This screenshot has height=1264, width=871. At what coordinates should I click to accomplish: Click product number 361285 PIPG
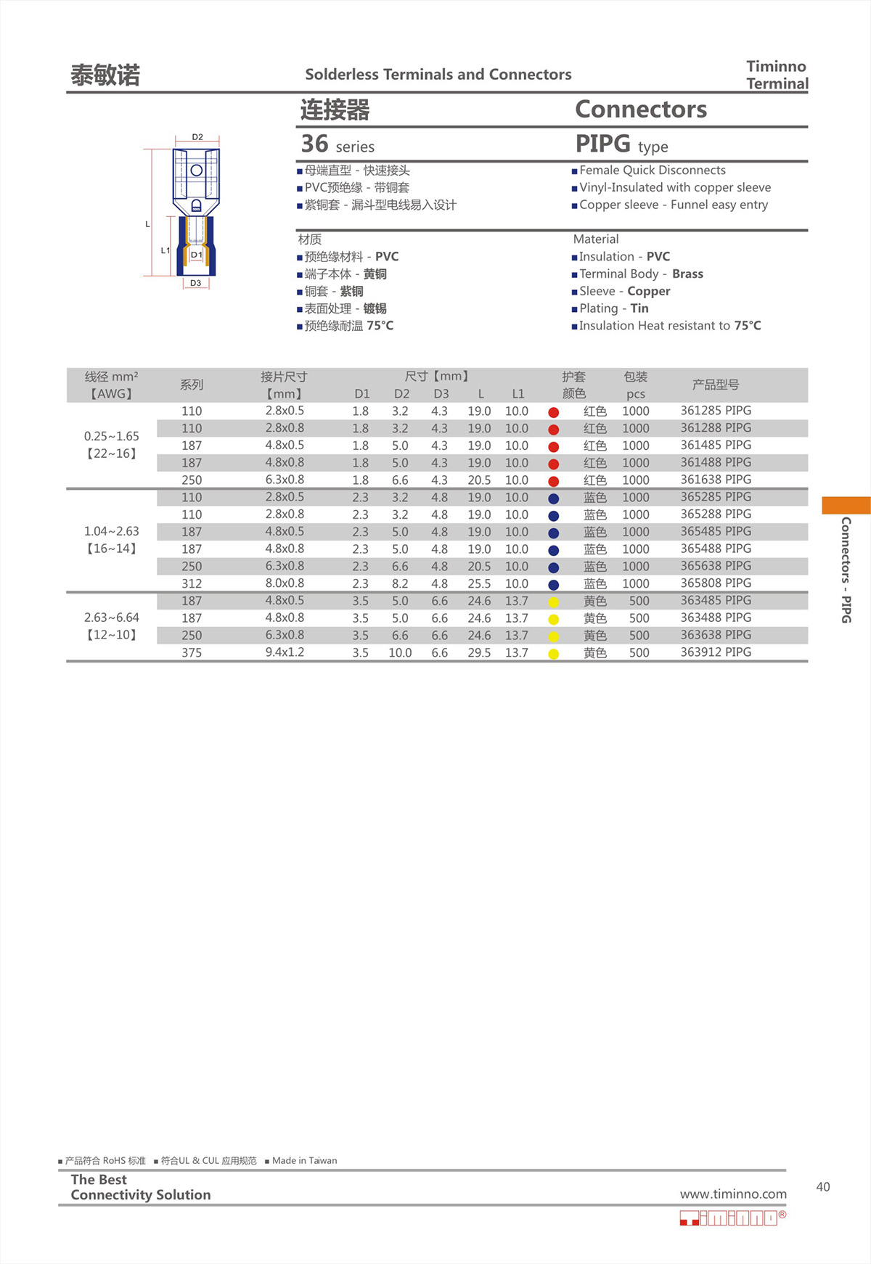(715, 411)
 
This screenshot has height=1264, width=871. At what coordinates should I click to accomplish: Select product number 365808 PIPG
(715, 583)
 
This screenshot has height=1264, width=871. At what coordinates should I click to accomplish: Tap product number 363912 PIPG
(715, 652)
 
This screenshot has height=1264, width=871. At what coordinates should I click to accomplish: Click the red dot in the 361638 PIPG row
(553, 481)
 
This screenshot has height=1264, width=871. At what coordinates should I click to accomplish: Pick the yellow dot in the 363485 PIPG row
(553, 602)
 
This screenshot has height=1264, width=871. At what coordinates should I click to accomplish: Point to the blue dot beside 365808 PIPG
(553, 585)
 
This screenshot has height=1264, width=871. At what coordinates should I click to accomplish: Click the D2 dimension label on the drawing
(197, 137)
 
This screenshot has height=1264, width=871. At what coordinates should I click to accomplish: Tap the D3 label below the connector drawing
(195, 283)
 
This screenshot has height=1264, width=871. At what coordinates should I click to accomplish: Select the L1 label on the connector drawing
(165, 250)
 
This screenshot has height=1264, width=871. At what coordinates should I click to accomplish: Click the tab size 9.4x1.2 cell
(285, 652)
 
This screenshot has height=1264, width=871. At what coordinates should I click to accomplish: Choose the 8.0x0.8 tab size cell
(285, 583)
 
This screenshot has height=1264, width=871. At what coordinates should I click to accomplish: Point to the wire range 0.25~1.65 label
(111, 436)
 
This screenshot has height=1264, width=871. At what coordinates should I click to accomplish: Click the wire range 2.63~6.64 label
(111, 617)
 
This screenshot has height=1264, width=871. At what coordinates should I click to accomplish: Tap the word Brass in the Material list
(687, 274)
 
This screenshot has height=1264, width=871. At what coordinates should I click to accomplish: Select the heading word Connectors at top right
(640, 110)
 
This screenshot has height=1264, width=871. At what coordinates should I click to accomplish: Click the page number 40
(822, 1187)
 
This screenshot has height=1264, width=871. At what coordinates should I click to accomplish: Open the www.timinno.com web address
(732, 1194)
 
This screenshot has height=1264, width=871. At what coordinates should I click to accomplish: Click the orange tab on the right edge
(846, 505)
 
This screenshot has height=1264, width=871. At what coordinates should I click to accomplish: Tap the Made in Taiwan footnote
(304, 1161)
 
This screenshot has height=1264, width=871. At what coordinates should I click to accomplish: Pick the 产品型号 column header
(715, 385)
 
